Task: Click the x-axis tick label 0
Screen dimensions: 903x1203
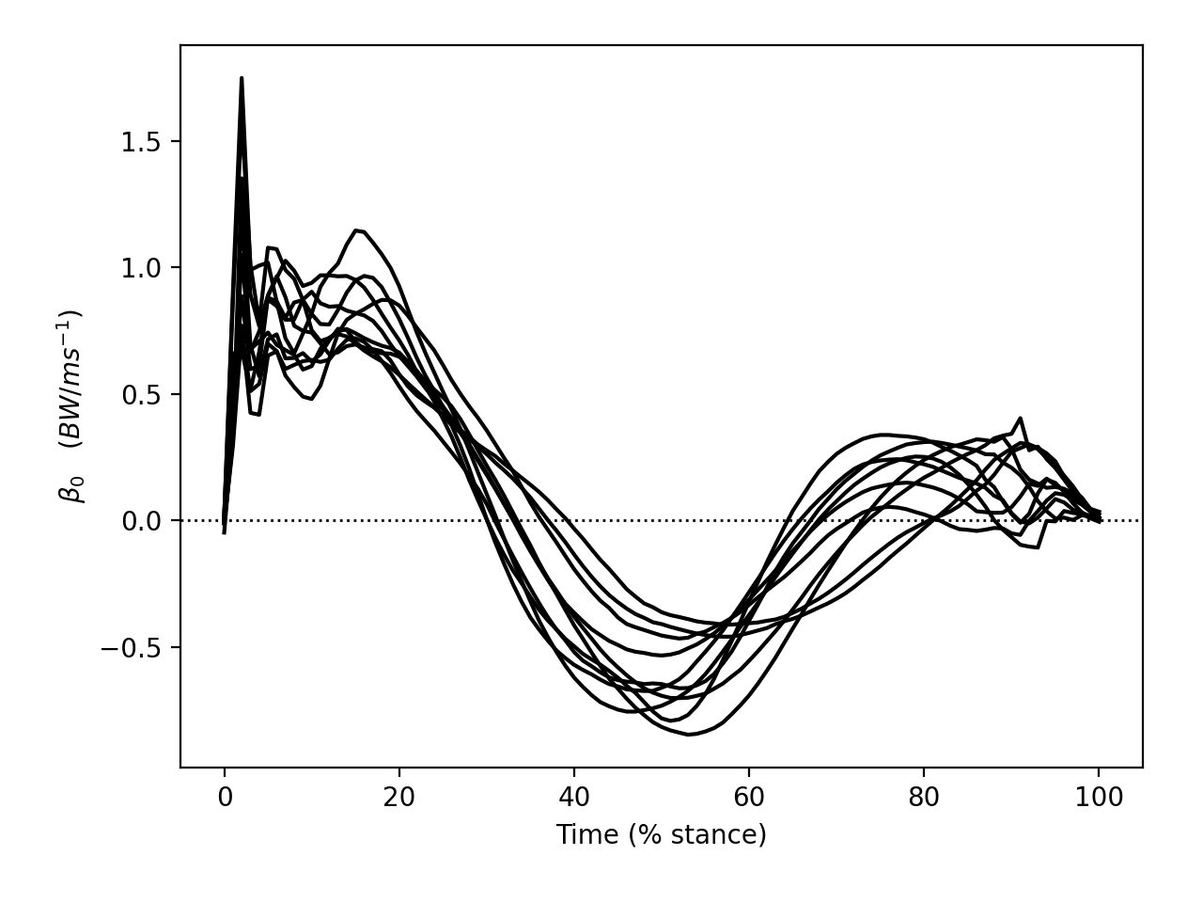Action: (x=225, y=798)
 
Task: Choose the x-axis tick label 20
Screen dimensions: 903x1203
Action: (x=399, y=798)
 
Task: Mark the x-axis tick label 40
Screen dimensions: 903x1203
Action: (x=574, y=798)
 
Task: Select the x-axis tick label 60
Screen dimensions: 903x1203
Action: (x=749, y=798)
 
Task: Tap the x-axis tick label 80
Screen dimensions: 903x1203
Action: (x=924, y=798)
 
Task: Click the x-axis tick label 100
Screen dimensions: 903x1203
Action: (x=1099, y=798)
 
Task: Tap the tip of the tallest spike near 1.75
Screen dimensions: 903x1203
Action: (x=242, y=78)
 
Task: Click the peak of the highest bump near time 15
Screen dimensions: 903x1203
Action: (x=356, y=230)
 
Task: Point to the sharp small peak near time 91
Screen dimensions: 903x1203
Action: (x=1020, y=418)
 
